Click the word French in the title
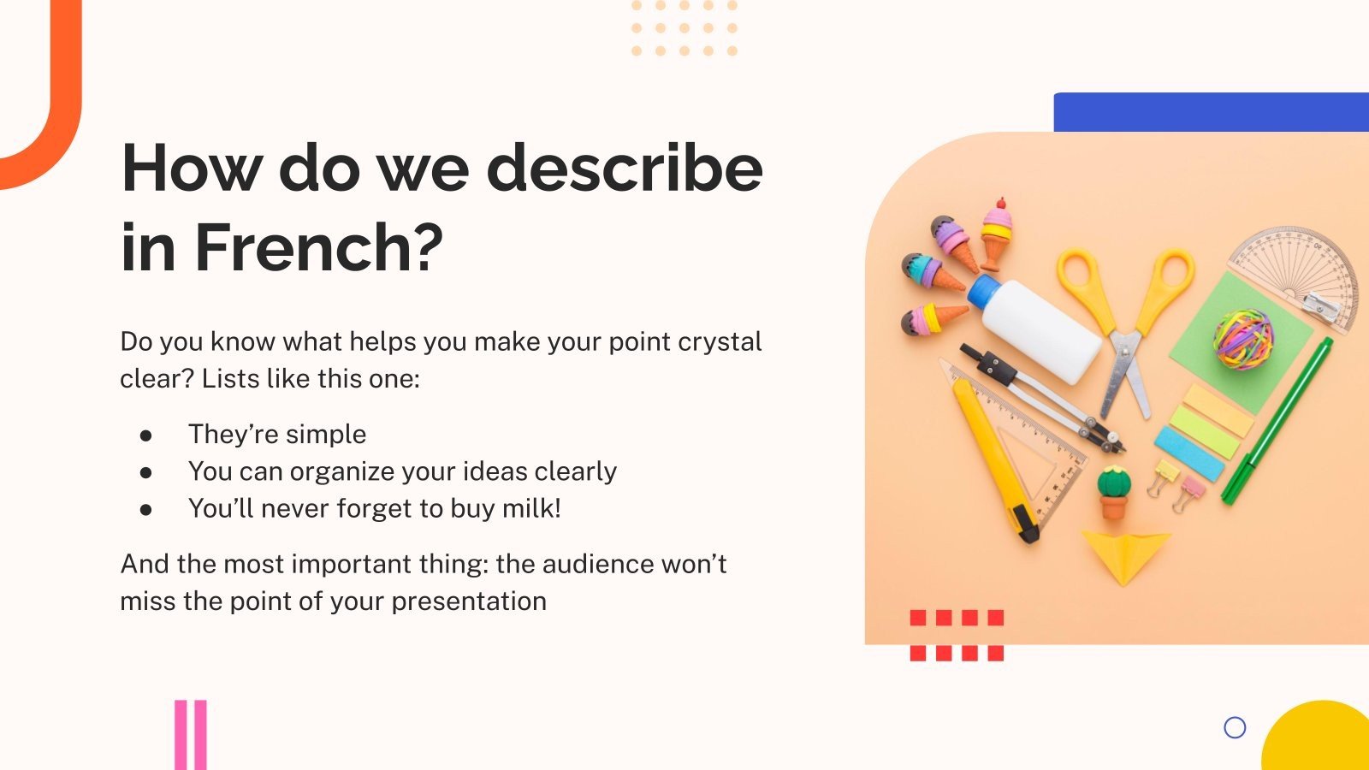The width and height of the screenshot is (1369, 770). click(318, 247)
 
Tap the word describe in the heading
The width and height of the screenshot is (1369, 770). click(625, 168)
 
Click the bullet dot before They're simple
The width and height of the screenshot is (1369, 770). click(145, 435)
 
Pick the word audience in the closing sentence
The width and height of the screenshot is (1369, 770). click(589, 564)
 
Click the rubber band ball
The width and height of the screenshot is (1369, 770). click(1244, 339)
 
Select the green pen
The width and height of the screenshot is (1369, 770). click(1277, 421)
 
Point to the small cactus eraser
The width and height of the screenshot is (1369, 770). click(1113, 493)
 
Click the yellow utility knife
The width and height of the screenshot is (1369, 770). click(995, 461)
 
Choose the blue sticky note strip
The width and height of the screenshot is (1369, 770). click(1189, 454)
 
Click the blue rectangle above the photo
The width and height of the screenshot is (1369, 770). click(1212, 112)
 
